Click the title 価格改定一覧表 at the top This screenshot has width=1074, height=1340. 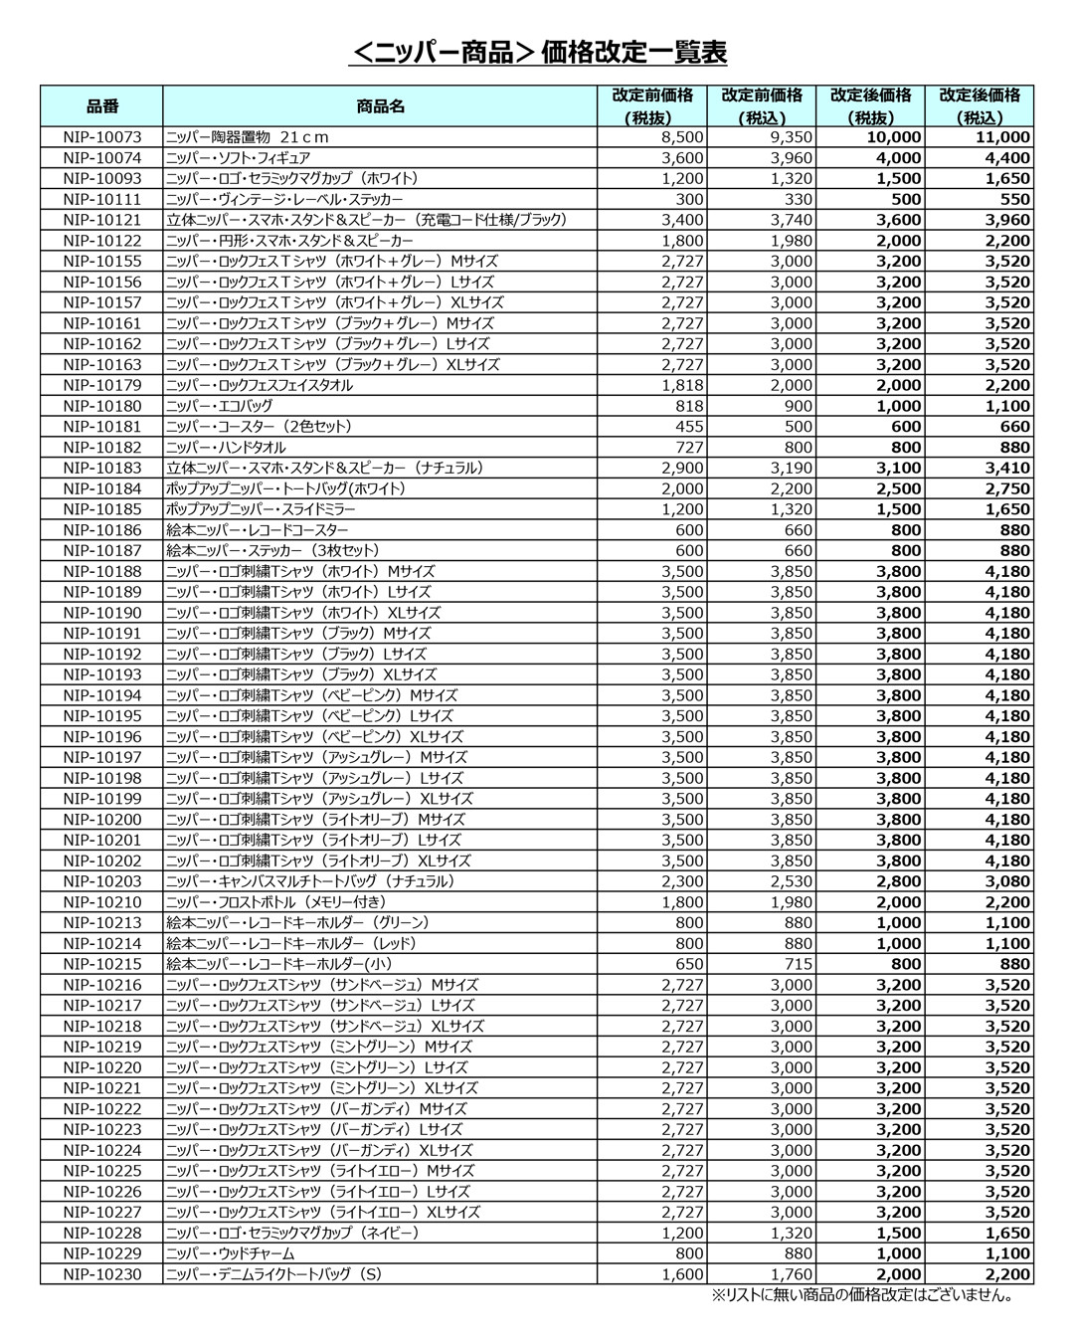click(537, 52)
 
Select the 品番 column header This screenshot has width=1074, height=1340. click(101, 106)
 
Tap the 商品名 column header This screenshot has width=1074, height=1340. click(380, 106)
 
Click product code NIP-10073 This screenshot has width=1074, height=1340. click(101, 137)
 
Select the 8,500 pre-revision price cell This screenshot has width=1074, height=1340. click(682, 137)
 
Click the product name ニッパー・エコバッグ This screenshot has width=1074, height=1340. click(219, 406)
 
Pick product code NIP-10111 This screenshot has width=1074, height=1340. click(101, 199)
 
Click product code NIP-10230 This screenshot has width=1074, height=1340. click(101, 1274)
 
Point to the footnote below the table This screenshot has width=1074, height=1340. click(861, 1295)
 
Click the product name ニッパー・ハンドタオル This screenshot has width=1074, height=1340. click(226, 448)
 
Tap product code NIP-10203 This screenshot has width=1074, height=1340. click(101, 881)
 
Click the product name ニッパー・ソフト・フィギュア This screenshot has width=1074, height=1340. click(238, 158)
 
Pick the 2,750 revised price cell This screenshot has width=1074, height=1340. click(1007, 488)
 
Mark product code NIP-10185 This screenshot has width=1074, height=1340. click(101, 509)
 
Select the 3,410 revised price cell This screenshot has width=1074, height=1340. click(1007, 468)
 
